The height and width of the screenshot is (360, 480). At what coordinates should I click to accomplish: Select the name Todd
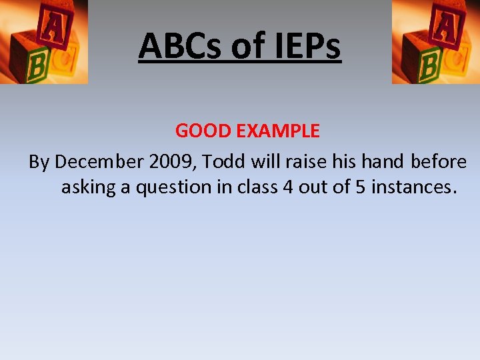click(x=224, y=162)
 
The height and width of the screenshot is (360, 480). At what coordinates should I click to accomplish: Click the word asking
click(x=88, y=187)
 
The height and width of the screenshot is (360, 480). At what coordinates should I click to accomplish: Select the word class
click(x=257, y=187)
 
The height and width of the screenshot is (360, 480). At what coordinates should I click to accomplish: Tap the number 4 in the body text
click(x=288, y=187)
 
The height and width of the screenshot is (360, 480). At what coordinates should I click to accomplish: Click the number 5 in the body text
click(x=360, y=187)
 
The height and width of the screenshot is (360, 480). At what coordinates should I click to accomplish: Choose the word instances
click(x=413, y=187)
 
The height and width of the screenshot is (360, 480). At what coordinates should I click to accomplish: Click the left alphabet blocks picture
click(x=43, y=41)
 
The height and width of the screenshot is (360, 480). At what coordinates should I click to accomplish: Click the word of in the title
click(x=245, y=46)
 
